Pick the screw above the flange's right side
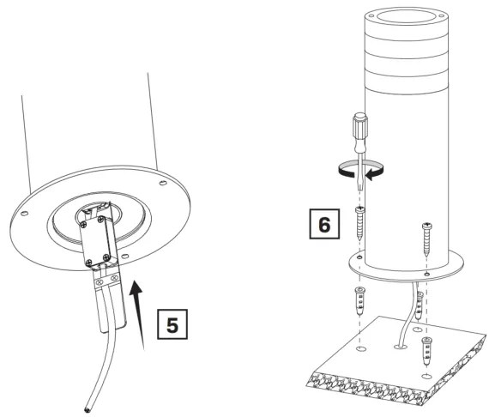tap(426, 235)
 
